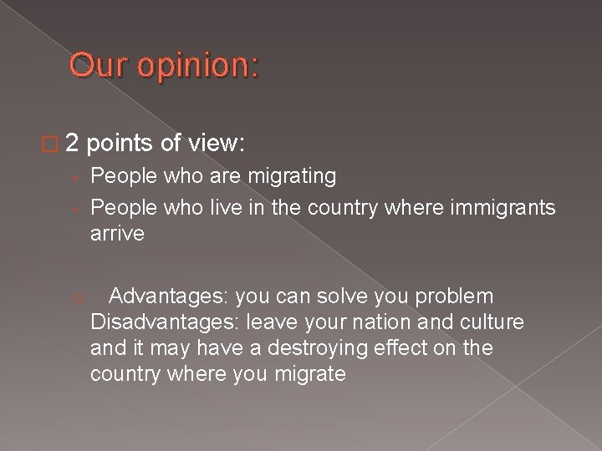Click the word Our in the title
[95, 65]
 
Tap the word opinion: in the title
[195, 65]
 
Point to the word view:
[214, 144]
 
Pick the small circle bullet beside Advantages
[75, 298]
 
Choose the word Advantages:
[169, 296]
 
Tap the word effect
[399, 347]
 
